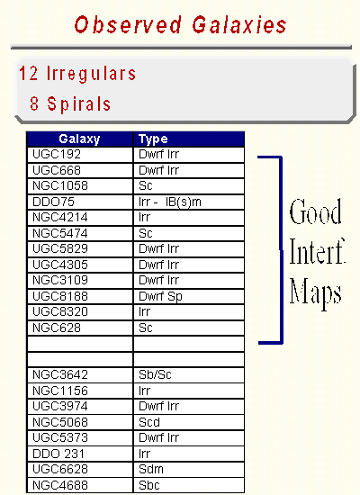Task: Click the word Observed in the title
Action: (x=128, y=25)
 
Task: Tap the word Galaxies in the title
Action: (x=239, y=25)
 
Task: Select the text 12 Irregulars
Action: (x=77, y=74)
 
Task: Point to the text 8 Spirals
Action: (x=70, y=103)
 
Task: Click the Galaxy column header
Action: (x=79, y=139)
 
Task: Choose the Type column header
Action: (x=189, y=139)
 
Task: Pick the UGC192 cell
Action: (x=80, y=155)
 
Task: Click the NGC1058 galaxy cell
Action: (x=80, y=186)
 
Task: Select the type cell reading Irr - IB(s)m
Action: (x=189, y=202)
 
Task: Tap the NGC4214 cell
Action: (x=80, y=218)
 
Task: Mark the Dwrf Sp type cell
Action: (x=189, y=296)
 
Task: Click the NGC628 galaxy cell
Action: (x=80, y=328)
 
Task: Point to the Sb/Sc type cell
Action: (x=189, y=375)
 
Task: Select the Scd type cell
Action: (x=189, y=422)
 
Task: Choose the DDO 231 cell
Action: (x=80, y=454)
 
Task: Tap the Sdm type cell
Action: (x=189, y=470)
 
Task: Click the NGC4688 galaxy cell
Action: (x=80, y=485)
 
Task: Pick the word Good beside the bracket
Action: (x=316, y=211)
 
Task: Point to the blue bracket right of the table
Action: (x=281, y=249)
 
